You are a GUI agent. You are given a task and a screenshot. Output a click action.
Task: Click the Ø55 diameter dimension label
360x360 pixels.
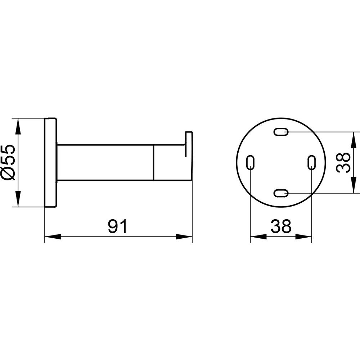(10, 163)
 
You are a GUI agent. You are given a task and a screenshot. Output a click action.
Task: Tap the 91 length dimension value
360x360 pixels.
(117, 226)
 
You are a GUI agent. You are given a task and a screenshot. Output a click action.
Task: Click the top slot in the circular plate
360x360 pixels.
(281, 132)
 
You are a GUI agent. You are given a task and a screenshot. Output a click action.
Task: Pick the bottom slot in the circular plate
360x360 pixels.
(281, 193)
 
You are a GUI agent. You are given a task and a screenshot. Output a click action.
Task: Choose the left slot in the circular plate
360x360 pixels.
(250, 163)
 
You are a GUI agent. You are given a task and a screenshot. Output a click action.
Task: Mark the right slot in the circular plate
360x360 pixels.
(311, 163)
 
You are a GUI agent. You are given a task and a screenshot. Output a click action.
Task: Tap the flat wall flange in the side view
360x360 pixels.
(50, 163)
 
